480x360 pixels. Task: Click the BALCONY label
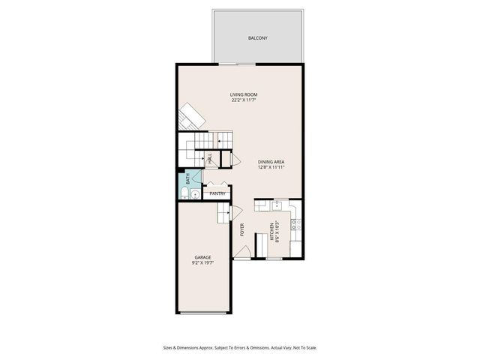click(258, 37)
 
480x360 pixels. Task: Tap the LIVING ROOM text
click(244, 94)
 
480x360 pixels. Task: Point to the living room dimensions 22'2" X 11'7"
click(244, 100)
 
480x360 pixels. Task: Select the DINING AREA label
click(271, 161)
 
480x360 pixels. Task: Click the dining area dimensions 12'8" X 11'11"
click(271, 167)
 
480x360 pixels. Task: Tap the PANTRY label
click(217, 193)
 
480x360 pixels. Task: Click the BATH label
click(188, 179)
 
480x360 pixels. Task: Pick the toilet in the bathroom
click(184, 194)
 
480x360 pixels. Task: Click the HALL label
click(210, 158)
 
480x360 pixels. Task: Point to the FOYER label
click(242, 229)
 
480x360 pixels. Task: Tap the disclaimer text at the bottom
click(240, 347)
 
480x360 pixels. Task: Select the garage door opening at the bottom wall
click(202, 313)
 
